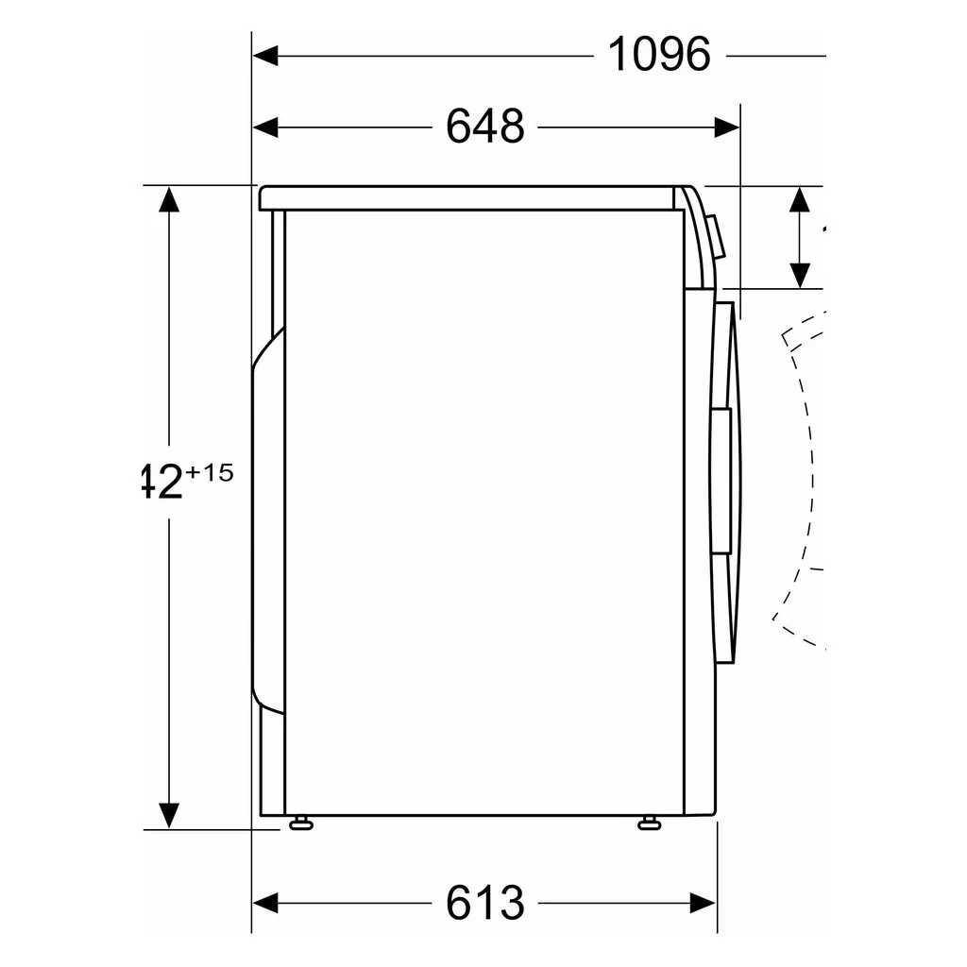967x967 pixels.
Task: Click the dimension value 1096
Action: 658,55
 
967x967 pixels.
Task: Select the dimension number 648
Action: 484,127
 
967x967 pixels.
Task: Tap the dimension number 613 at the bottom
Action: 484,903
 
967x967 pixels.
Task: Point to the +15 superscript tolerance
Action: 209,473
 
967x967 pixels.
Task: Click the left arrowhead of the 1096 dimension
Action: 265,56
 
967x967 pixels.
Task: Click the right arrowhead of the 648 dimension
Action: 727,127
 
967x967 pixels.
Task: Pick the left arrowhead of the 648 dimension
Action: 265,127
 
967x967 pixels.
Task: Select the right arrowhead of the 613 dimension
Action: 704,903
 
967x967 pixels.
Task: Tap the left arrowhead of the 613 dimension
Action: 265,903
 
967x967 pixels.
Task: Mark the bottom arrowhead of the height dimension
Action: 169,815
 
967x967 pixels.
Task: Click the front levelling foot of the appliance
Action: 650,823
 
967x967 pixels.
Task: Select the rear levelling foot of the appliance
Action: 300,823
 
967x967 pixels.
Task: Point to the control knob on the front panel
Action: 717,236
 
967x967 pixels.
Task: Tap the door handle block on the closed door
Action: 721,482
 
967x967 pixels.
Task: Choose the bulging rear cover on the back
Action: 266,519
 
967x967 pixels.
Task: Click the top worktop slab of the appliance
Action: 467,197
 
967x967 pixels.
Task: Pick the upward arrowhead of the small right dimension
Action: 800,199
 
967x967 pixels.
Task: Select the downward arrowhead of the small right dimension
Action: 800,275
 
